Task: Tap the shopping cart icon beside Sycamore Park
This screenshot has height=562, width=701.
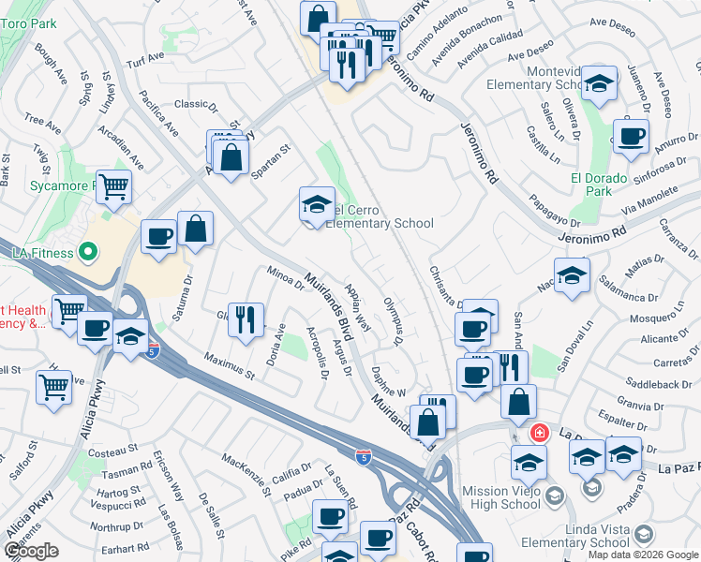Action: click(x=113, y=185)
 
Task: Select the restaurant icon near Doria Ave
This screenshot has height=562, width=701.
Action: click(x=245, y=319)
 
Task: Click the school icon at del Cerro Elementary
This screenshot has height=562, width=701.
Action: click(x=317, y=204)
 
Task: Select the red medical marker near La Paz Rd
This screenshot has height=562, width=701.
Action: click(x=540, y=433)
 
